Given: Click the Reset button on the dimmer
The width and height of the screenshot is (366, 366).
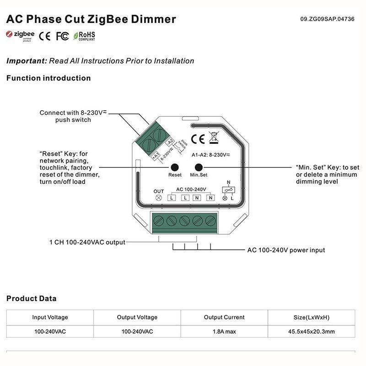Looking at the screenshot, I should tap(174, 167).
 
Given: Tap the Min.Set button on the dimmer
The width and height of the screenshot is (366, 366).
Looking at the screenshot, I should tap(199, 167).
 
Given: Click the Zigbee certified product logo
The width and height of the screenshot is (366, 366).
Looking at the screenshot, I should tap(21, 36).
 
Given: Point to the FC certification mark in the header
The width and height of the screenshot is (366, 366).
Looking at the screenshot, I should tap(62, 36).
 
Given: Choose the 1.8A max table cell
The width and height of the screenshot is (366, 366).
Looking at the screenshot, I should tap(224, 331).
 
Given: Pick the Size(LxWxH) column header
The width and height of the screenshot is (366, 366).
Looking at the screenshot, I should tap(311, 317).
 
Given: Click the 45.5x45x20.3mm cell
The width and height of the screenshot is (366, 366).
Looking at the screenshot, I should tap(311, 331).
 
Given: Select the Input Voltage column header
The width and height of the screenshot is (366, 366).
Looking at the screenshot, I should tap(50, 317).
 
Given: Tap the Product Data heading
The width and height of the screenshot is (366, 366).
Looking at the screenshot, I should tap(32, 299).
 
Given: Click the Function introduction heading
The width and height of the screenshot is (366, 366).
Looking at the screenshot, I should tap(48, 78).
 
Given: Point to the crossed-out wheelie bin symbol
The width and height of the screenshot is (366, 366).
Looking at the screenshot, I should tap(213, 137).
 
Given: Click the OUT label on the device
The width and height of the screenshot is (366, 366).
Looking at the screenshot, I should tap(159, 191).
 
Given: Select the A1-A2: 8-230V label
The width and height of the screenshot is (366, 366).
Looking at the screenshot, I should tap(211, 155).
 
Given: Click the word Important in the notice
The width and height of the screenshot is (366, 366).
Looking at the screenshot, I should tap(27, 61).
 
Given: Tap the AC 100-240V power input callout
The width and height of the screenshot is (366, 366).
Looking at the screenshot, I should tap(286, 250).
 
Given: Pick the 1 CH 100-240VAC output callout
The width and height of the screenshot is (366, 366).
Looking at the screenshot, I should tap(87, 242).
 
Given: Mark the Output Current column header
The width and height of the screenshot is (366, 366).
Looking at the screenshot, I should tap(224, 317).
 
